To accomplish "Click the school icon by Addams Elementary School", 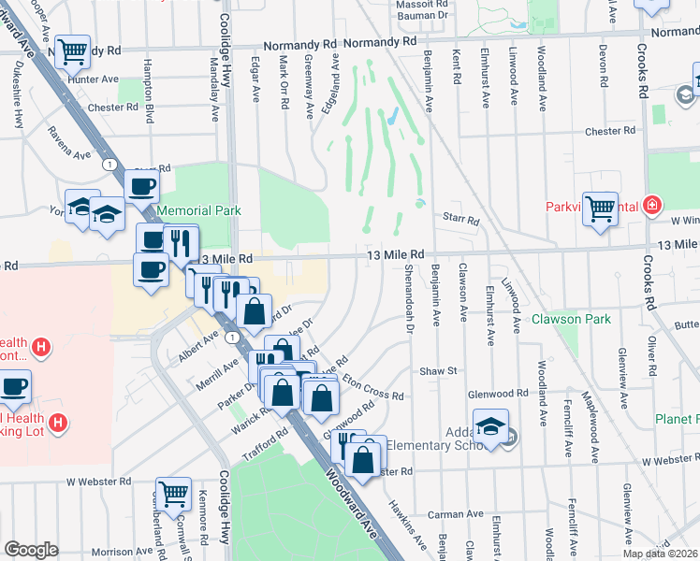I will click(x=490, y=425).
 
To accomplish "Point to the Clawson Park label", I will click(x=571, y=319).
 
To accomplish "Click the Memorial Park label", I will click(x=198, y=210).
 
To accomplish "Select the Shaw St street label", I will click(x=437, y=371).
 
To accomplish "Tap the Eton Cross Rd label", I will click(x=373, y=388).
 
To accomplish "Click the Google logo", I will click(x=31, y=550).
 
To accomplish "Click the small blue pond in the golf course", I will click(x=391, y=117).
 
